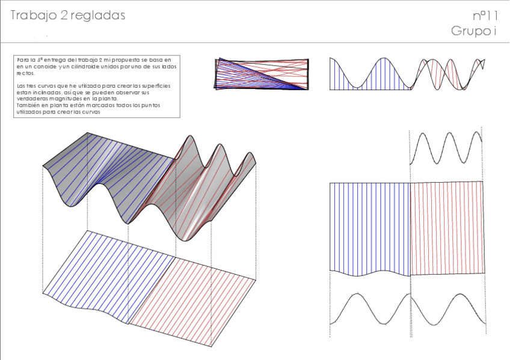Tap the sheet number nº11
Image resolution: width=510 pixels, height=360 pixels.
tap(485, 16)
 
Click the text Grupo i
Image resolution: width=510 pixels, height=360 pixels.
tap(473, 31)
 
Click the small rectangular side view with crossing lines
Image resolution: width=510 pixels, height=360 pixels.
tap(262, 74)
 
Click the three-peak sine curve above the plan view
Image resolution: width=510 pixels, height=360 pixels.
tap(446, 148)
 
